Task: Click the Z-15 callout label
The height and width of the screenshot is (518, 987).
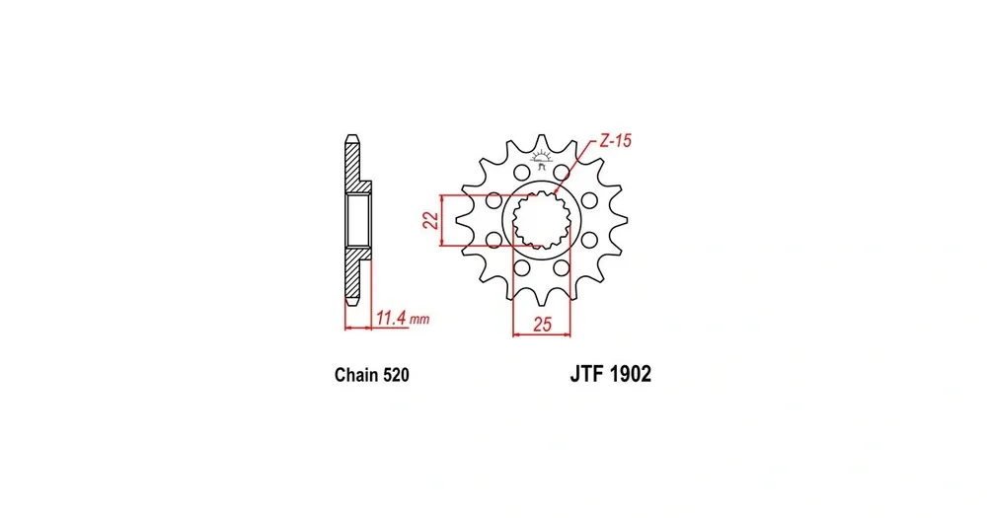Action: point(614,141)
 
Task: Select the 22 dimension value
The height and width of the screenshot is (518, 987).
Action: point(431,220)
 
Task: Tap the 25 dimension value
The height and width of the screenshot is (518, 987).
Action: point(542,325)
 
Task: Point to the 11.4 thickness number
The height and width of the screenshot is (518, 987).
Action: point(391,318)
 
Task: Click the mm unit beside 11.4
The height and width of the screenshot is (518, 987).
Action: point(419,320)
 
